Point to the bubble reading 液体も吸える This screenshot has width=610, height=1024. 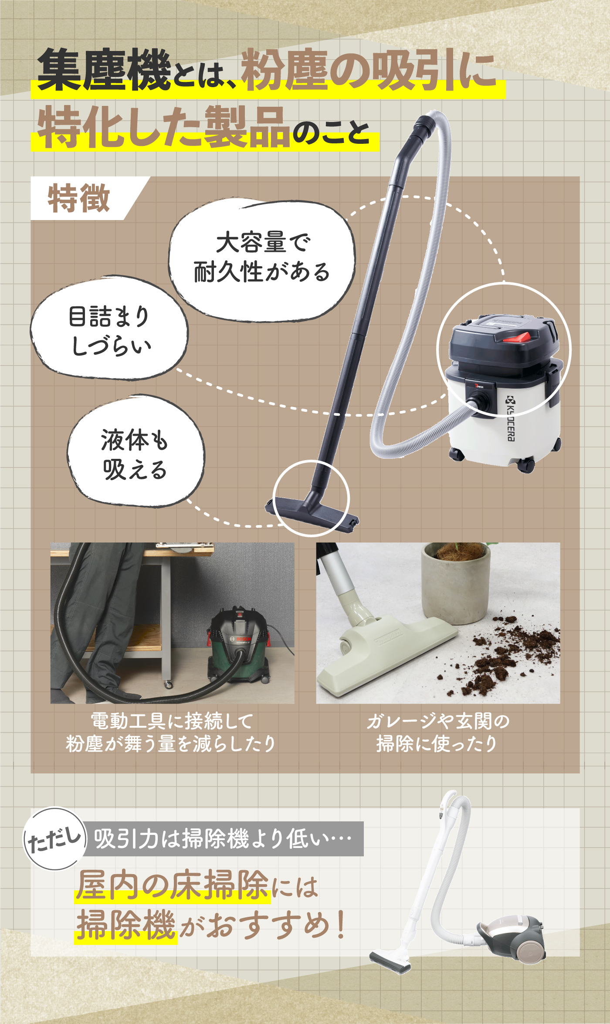click(x=135, y=453)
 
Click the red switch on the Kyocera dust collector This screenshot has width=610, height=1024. click(x=517, y=337)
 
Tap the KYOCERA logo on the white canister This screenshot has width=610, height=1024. click(x=511, y=418)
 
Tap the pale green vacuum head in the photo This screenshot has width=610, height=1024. click(x=383, y=654)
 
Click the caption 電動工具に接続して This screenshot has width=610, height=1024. click(x=172, y=721)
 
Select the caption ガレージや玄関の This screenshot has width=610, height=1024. click(x=438, y=721)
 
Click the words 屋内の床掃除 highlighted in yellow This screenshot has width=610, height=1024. click(x=172, y=885)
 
